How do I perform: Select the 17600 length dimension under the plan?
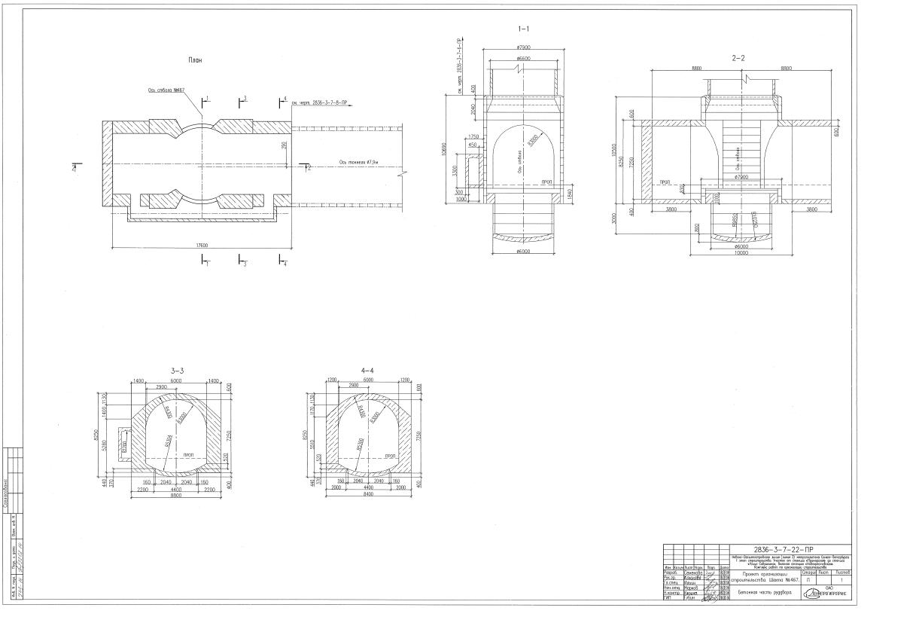coord(200,243)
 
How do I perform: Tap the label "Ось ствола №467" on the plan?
coord(166,90)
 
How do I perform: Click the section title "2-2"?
coord(738,57)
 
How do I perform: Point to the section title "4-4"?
coord(367,370)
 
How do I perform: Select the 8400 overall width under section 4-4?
coord(367,495)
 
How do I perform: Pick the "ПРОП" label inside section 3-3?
coord(189,456)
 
